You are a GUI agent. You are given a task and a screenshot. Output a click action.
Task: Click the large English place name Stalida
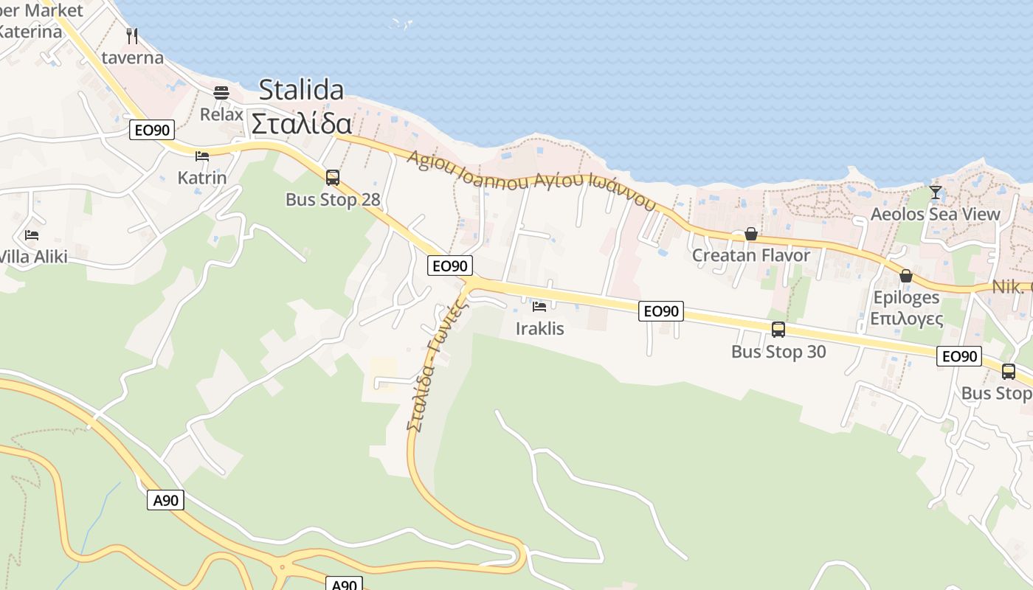tap(301, 90)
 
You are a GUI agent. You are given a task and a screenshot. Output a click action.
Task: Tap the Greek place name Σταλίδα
tap(301, 123)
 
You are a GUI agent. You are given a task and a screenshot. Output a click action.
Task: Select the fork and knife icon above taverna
tap(132, 35)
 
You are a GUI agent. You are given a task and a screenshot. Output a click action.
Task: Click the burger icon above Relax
tap(221, 93)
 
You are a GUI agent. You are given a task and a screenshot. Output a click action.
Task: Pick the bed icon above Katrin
tap(202, 156)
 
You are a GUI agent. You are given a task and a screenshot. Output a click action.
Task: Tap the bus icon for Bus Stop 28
tap(333, 177)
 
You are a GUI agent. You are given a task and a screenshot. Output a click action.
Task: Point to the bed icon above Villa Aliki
tap(32, 235)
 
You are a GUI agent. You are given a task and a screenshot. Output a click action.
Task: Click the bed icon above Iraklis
tap(539, 306)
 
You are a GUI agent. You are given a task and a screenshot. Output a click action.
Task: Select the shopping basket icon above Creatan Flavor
tap(751, 234)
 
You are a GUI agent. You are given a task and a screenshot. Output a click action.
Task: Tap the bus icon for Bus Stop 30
tap(778, 330)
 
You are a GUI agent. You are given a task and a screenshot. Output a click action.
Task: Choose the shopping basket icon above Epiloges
tap(906, 276)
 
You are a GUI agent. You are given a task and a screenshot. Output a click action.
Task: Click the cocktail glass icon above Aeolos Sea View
tap(936, 192)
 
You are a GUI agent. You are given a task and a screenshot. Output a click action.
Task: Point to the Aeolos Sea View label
tap(936, 214)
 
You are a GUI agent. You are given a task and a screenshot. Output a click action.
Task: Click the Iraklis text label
tap(540, 328)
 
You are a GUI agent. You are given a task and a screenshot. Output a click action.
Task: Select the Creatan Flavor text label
tap(751, 255)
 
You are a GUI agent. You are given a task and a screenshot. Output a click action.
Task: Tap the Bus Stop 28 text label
tap(333, 199)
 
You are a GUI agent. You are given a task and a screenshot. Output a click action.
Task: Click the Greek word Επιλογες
tap(906, 319)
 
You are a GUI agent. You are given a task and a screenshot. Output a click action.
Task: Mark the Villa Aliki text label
tap(33, 257)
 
